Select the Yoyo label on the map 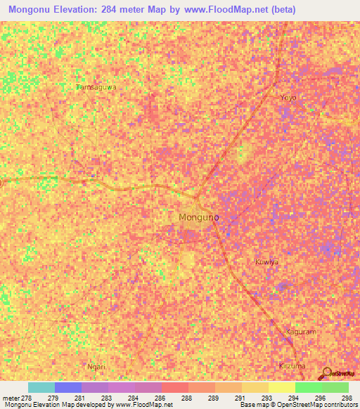[x=288, y=97]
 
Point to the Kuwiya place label [x=266, y=261]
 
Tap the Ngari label [x=96, y=367]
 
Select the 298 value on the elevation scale [x=347, y=398]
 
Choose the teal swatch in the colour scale [x=41, y=387]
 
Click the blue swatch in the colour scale [x=68, y=387]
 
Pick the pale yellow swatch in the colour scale [x=282, y=387]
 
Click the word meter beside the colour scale [x=10, y=398]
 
